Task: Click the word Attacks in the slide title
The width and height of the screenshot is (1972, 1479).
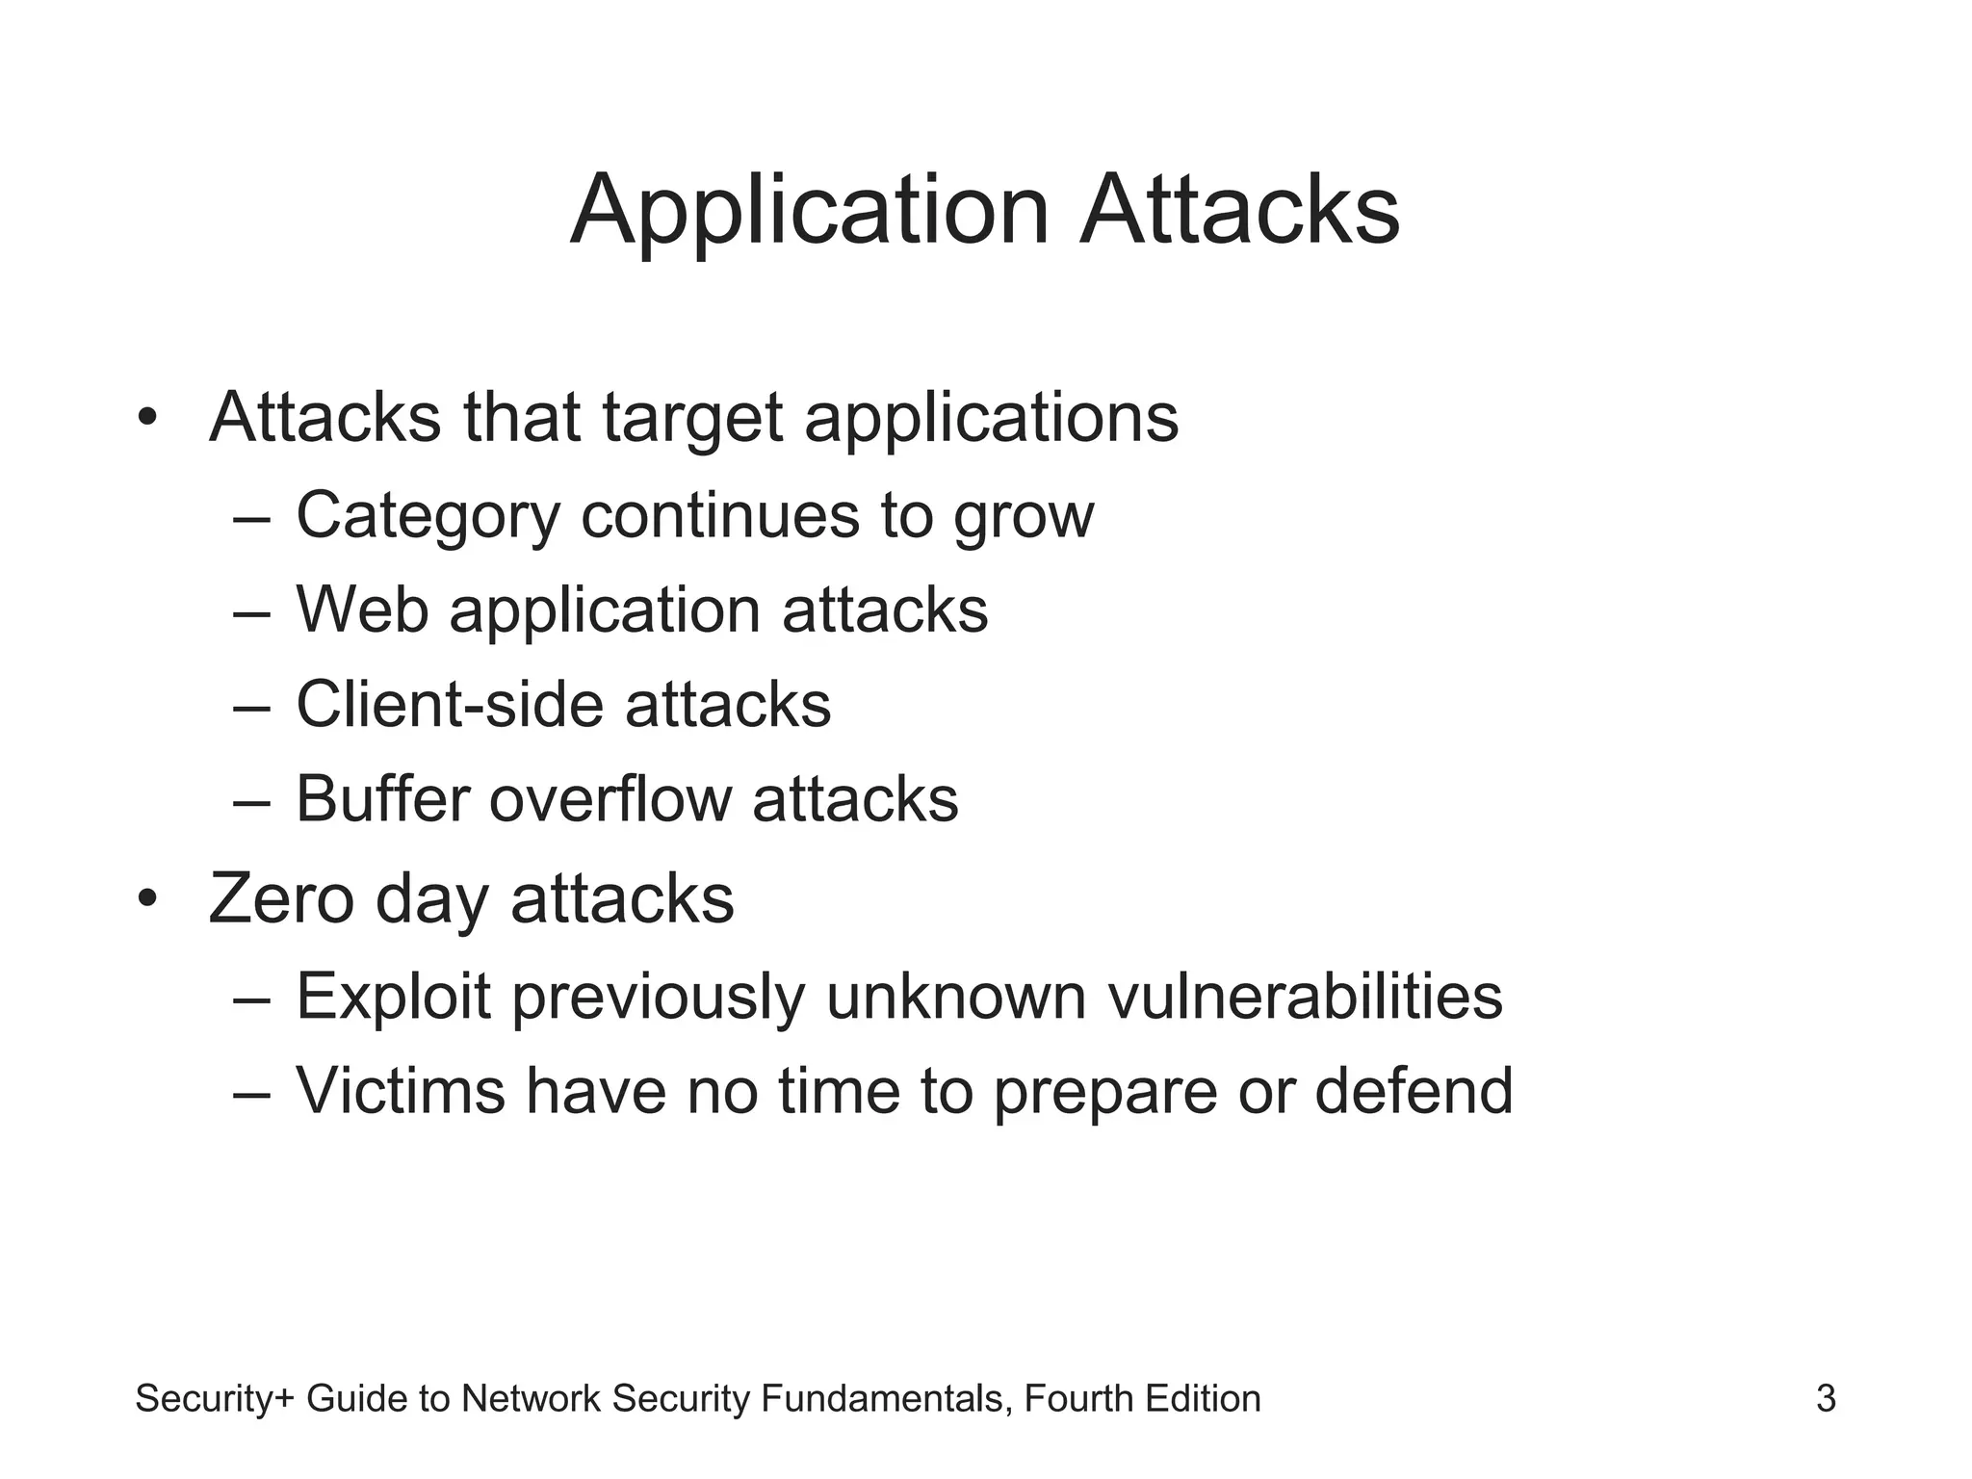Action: [x=1239, y=210]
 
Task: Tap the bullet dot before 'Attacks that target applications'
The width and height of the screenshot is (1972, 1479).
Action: [x=146, y=418]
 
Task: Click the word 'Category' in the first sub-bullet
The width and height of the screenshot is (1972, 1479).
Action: [x=428, y=516]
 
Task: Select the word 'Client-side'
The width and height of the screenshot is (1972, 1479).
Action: [x=450, y=704]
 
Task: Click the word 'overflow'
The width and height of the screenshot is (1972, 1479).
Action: [x=610, y=798]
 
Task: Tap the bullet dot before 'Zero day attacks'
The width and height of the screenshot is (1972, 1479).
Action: [x=146, y=898]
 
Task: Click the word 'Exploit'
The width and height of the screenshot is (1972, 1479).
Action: [x=394, y=997]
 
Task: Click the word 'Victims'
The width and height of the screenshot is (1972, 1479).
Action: [x=401, y=1091]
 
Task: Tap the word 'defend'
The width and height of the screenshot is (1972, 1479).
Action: [x=1414, y=1091]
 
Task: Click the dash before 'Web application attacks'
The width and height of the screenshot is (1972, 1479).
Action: [x=251, y=612]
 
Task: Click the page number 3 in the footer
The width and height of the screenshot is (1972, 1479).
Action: [x=1826, y=1398]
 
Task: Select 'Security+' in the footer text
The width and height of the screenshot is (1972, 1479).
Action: [x=216, y=1398]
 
